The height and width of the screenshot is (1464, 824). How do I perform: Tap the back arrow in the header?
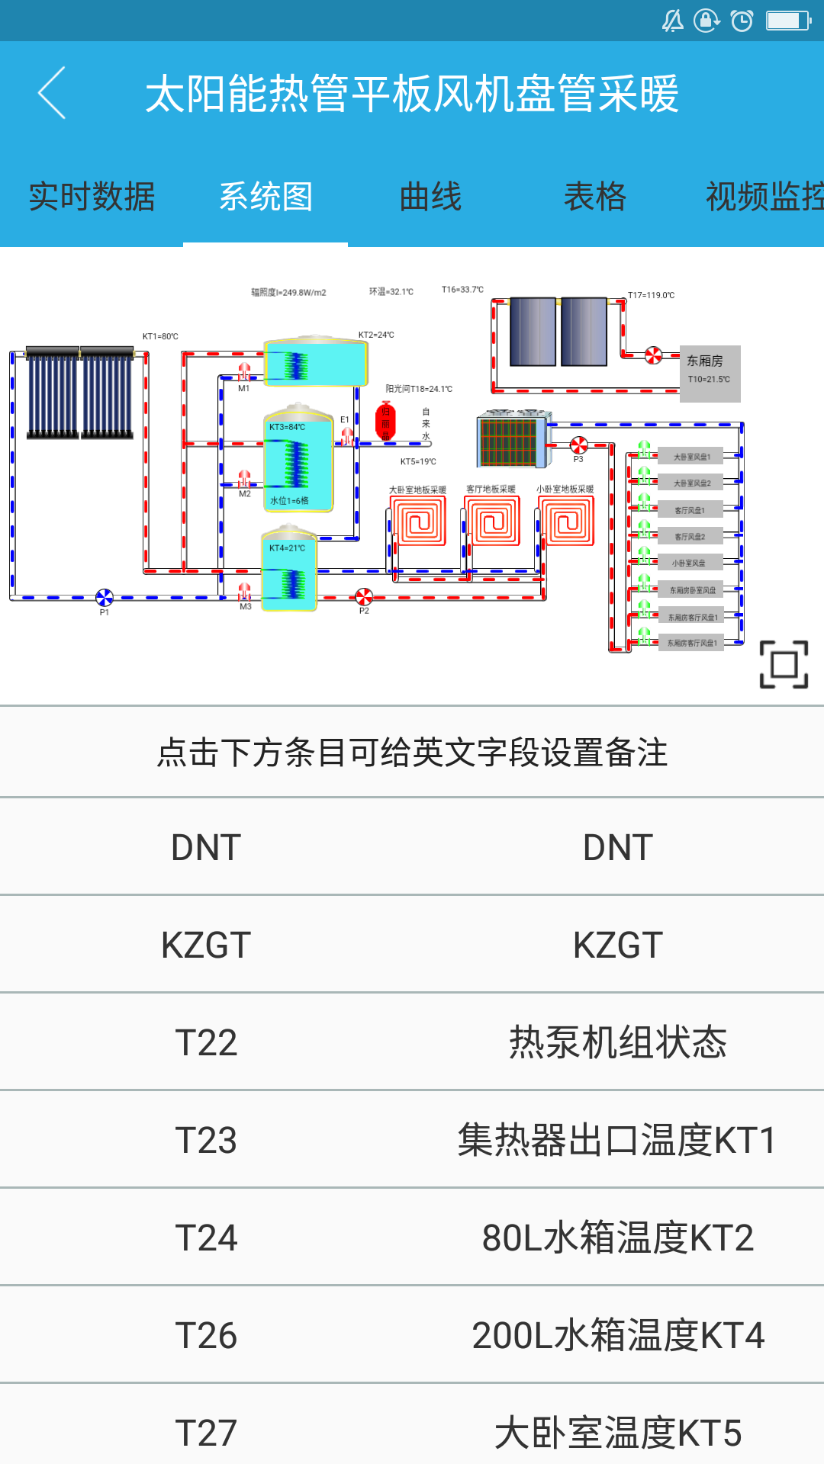pyautogui.click(x=52, y=93)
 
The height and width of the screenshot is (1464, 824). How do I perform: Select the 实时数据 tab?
pyautogui.click(x=92, y=197)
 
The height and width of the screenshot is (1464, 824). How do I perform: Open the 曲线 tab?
pyautogui.click(x=431, y=197)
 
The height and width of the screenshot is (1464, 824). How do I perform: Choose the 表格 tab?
pyautogui.click(x=595, y=197)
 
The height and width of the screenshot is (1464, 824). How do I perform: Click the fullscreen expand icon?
pyautogui.click(x=784, y=664)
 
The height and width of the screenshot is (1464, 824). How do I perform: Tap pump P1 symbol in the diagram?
pyautogui.click(x=105, y=598)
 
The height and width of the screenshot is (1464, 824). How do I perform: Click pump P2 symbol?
pyautogui.click(x=364, y=596)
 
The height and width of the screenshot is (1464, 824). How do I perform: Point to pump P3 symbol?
pyautogui.click(x=579, y=445)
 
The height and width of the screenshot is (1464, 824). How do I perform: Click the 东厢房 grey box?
pyautogui.click(x=710, y=373)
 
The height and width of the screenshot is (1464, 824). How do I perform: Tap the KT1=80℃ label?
pyautogui.click(x=160, y=336)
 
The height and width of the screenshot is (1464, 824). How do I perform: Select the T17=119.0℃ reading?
pyautogui.click(x=651, y=295)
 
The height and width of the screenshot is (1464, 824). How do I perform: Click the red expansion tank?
pyautogui.click(x=386, y=421)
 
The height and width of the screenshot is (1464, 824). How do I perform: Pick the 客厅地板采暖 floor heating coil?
pyautogui.click(x=492, y=522)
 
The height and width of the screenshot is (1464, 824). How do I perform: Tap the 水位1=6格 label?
pyautogui.click(x=289, y=501)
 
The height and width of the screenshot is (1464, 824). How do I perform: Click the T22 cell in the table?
pyautogui.click(x=206, y=1042)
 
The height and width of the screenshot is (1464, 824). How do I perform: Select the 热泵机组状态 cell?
pyautogui.click(x=618, y=1042)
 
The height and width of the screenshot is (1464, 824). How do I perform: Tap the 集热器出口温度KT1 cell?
pyautogui.click(x=618, y=1140)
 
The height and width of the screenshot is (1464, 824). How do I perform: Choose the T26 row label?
pyautogui.click(x=206, y=1335)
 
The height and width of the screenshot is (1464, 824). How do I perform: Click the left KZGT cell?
pyautogui.click(x=206, y=945)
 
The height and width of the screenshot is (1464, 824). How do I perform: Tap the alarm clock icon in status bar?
pyautogui.click(x=742, y=21)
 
